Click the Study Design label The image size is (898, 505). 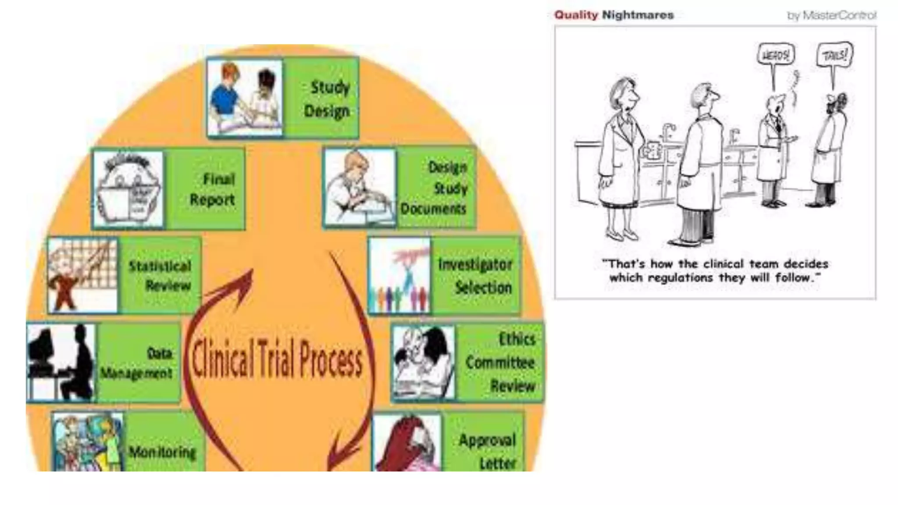coord(328,99)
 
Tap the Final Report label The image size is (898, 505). coord(213,189)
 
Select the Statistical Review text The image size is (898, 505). coord(160,276)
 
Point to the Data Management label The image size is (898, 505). coord(137,363)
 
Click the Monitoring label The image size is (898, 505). coord(162,452)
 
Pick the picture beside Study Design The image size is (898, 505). coord(245,98)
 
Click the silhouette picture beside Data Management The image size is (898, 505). coord(61,363)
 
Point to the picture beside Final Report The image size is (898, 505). coord(128,189)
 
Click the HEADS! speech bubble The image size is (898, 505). coord(776,55)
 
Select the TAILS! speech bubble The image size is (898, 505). coord(834,56)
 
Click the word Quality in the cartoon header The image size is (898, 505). coord(576,15)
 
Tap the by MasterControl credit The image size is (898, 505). coord(832,16)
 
